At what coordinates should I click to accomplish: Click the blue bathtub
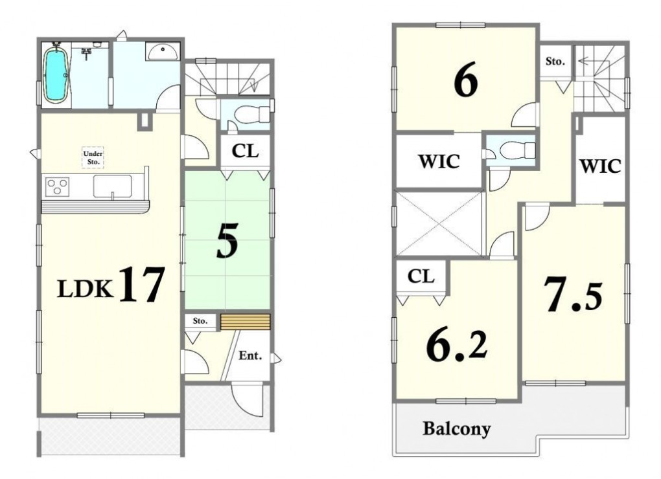pyautogui.click(x=56, y=76)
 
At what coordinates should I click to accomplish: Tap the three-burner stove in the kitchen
pyautogui.click(x=57, y=186)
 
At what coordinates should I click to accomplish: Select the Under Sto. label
pyautogui.click(x=93, y=157)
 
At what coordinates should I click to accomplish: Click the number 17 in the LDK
pyautogui.click(x=141, y=285)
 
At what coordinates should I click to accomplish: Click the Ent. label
pyautogui.click(x=250, y=355)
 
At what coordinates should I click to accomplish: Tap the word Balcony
pyautogui.click(x=457, y=429)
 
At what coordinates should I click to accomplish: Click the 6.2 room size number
pyautogui.click(x=457, y=346)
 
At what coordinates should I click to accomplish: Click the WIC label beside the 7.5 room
pyautogui.click(x=601, y=166)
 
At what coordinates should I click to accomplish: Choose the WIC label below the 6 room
pyautogui.click(x=439, y=161)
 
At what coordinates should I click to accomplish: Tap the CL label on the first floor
pyautogui.click(x=245, y=151)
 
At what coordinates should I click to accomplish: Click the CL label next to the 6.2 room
pyautogui.click(x=421, y=276)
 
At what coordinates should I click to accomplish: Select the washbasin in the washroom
pyautogui.click(x=163, y=51)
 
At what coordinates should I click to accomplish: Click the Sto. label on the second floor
pyautogui.click(x=555, y=61)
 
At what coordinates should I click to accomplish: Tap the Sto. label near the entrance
pyautogui.click(x=200, y=321)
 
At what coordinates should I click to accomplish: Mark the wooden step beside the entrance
pyautogui.click(x=245, y=322)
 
